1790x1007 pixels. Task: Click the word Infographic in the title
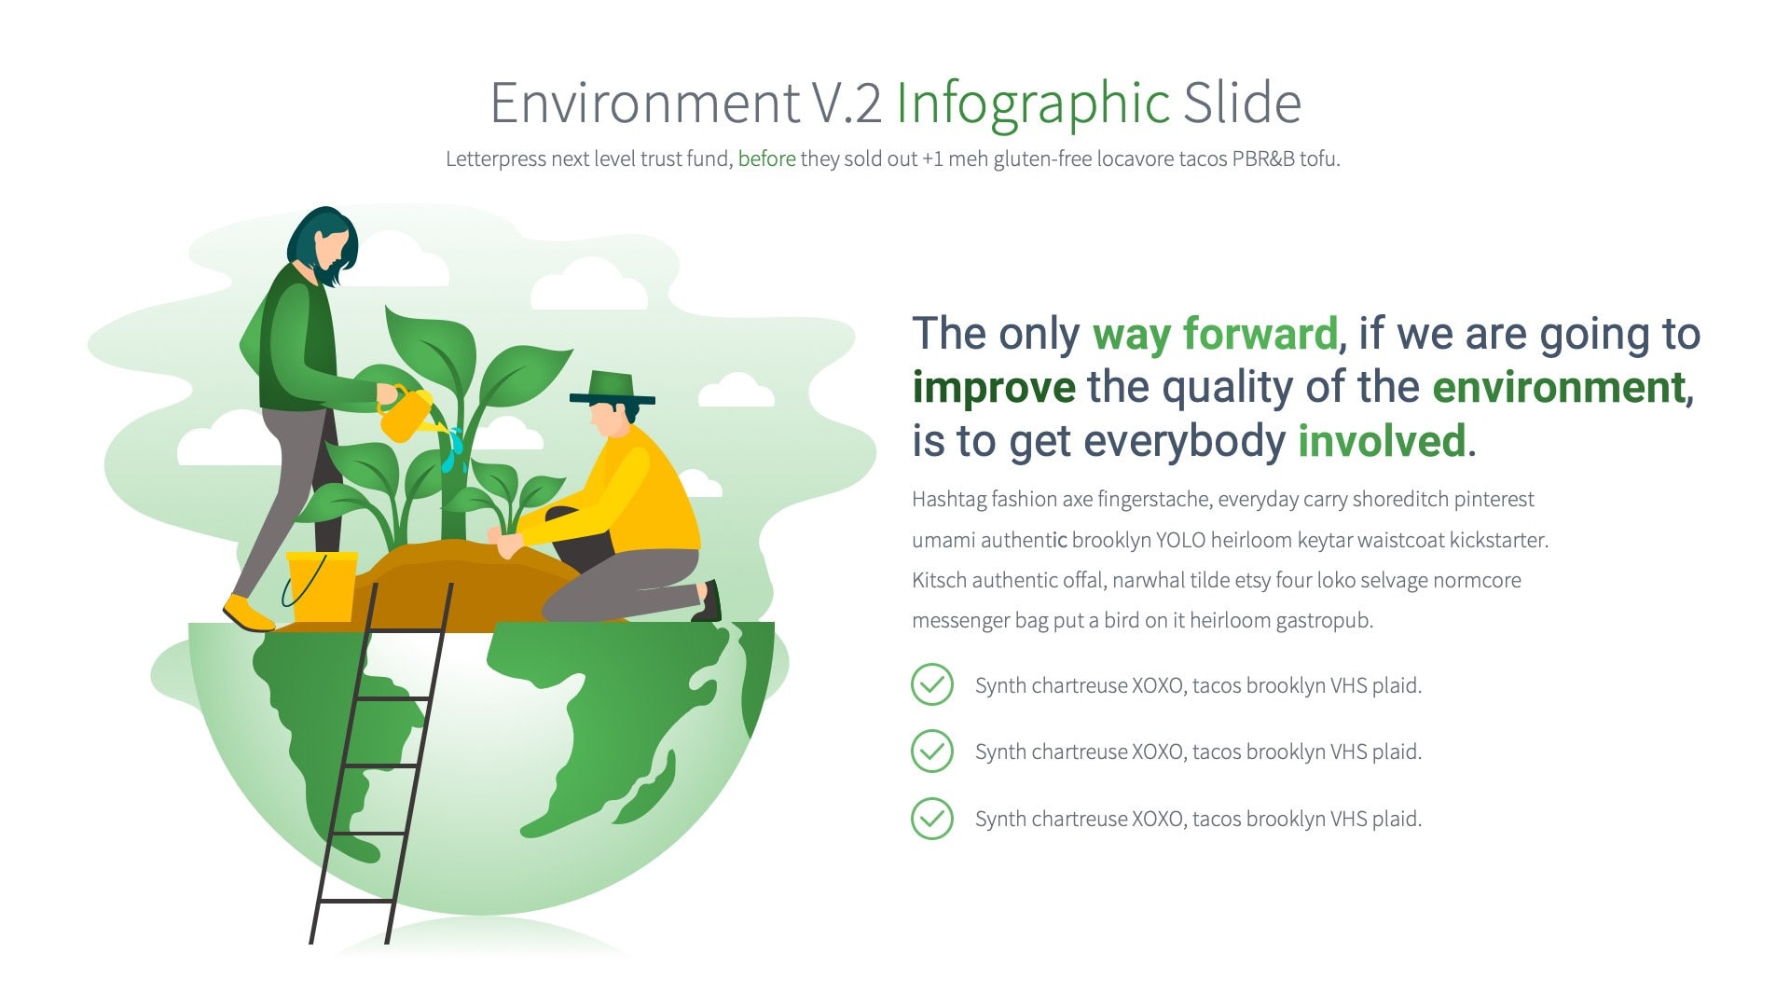pos(1032,103)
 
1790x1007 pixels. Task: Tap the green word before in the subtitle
pos(766,159)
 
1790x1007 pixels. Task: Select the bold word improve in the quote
pos(993,387)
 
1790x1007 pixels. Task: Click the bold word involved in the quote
pos(1381,441)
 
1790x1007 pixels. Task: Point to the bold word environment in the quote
pos(1562,387)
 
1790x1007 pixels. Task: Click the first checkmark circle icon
pos(931,684)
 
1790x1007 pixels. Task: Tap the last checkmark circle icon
pos(931,819)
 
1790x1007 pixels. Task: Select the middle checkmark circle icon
pos(931,752)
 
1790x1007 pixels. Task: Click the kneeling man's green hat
pos(613,386)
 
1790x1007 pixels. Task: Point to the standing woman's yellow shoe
pos(246,614)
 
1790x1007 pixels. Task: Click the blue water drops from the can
pos(453,449)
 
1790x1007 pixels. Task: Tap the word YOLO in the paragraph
pos(1180,540)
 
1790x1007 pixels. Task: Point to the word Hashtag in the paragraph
pos(948,500)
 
